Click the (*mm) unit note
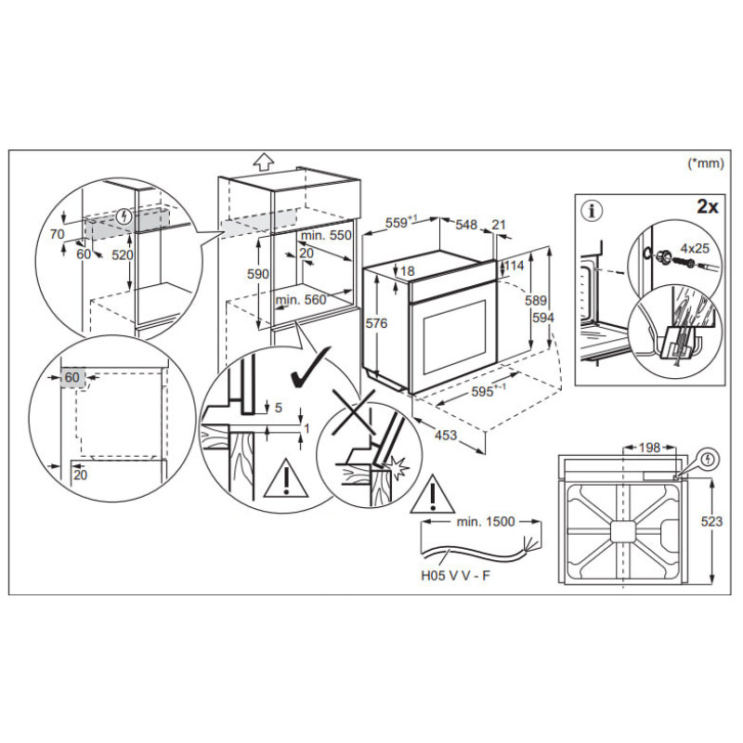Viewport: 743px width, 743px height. (x=706, y=164)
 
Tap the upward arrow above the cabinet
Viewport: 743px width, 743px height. (x=264, y=160)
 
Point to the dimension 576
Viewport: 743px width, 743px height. (x=375, y=323)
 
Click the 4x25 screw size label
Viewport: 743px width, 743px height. (x=694, y=248)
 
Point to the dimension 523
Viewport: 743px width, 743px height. (x=711, y=522)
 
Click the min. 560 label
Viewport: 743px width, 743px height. (x=303, y=299)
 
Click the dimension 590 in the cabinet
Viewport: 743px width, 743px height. (x=258, y=275)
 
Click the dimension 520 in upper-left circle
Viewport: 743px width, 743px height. (x=122, y=254)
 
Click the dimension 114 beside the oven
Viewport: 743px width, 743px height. (x=515, y=265)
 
